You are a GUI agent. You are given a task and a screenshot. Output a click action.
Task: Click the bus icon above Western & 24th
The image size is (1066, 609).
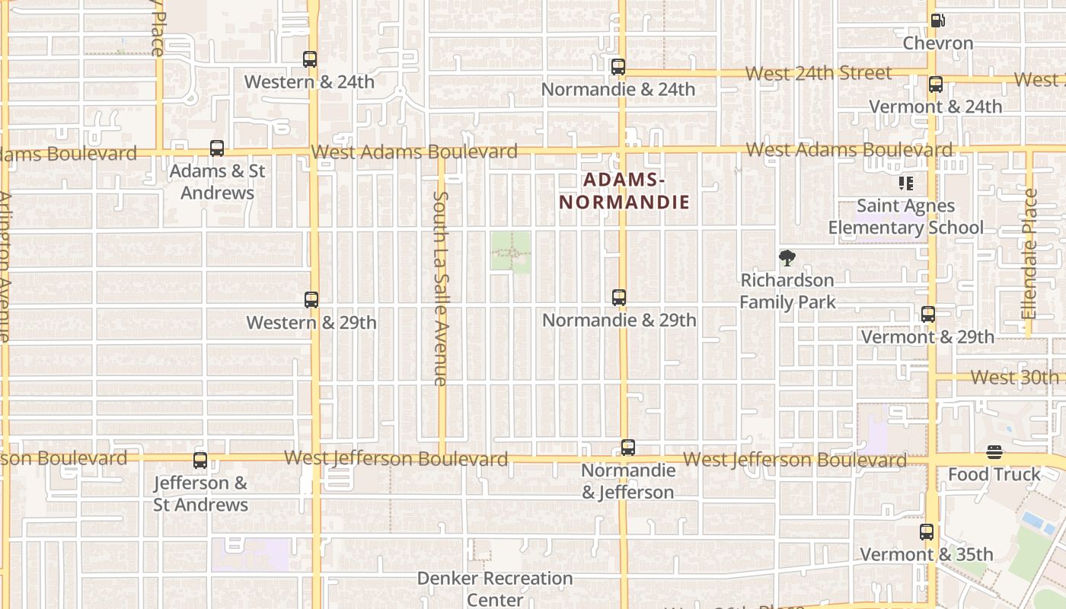310,59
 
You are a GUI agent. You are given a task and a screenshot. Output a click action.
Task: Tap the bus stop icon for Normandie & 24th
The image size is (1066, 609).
618,67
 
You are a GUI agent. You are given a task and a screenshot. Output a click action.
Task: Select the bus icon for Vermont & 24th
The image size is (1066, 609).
936,84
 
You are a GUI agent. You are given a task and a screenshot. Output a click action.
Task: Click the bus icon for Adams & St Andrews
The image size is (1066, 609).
217,148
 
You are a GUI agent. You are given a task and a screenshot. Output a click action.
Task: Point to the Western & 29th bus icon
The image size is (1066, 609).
311,300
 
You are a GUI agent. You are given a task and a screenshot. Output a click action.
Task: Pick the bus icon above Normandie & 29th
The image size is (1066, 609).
619,298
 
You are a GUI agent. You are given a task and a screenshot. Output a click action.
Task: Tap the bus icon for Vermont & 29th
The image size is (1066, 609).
928,314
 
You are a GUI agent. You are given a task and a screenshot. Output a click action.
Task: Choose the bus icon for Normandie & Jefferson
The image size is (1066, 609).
628,448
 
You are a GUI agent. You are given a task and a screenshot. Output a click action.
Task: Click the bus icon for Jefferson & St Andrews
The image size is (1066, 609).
200,460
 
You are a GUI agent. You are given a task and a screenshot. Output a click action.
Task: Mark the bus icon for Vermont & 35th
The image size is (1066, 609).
927,532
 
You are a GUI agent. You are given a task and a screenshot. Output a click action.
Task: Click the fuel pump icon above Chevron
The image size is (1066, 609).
939,21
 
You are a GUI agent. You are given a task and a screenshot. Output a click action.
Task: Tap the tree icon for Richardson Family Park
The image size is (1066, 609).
787,258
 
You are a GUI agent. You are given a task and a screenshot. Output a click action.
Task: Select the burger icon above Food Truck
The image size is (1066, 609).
994,452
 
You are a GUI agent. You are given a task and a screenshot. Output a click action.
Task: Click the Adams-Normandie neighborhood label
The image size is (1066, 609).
624,191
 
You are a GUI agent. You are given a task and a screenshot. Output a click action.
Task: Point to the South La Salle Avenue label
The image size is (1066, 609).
441,288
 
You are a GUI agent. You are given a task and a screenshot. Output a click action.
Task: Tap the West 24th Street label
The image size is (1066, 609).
819,73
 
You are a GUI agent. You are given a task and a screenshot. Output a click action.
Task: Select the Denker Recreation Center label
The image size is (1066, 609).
495,588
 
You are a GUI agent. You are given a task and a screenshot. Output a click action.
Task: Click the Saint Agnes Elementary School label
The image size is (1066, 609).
906,217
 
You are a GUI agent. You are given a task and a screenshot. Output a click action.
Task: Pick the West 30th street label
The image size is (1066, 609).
1015,377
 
